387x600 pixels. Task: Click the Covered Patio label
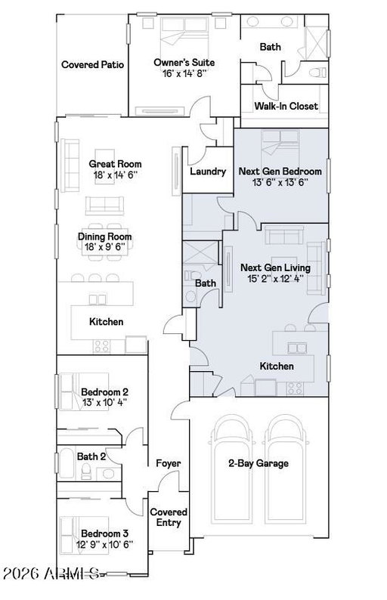pyautogui.click(x=93, y=65)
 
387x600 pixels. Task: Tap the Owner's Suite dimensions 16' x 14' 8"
pyautogui.click(x=184, y=73)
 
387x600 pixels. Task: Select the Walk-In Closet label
pyautogui.click(x=286, y=106)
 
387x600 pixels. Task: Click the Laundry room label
pyautogui.click(x=208, y=171)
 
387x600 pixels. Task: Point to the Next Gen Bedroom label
pyautogui.click(x=280, y=171)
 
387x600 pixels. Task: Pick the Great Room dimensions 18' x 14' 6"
pyautogui.click(x=115, y=175)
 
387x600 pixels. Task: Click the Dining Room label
pyautogui.click(x=105, y=237)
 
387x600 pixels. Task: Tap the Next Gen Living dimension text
pyautogui.click(x=275, y=279)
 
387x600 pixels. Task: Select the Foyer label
pyautogui.click(x=168, y=463)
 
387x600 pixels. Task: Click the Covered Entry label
pyautogui.click(x=169, y=518)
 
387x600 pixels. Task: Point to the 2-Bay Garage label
pyautogui.click(x=259, y=463)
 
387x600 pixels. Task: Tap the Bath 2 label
pyautogui.click(x=91, y=456)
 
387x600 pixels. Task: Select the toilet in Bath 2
pyautogui.click(x=86, y=472)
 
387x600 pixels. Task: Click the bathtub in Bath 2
pyautogui.click(x=67, y=463)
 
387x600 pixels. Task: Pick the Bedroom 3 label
pyautogui.click(x=104, y=534)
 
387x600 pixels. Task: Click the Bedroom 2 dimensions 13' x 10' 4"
pyautogui.click(x=104, y=402)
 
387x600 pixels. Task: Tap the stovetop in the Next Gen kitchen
pyautogui.click(x=295, y=388)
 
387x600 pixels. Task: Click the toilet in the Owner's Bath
pyautogui.click(x=317, y=72)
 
